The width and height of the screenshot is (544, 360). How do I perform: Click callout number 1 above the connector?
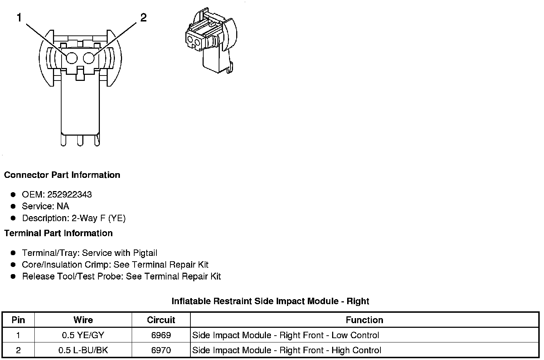pyautogui.click(x=20, y=17)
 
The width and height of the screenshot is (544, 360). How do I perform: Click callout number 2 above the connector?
pyautogui.click(x=143, y=17)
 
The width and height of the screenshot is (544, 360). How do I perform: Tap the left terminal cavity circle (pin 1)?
pyautogui.click(x=72, y=58)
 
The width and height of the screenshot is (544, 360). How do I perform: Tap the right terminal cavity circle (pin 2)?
pyautogui.click(x=89, y=58)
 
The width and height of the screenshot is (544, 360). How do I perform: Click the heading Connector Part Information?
pyautogui.click(x=62, y=175)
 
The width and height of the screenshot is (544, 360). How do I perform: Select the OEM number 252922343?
pyautogui.click(x=69, y=195)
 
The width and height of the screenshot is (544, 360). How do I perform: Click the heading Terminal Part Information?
pyautogui.click(x=58, y=233)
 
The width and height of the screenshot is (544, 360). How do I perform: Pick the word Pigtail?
pyautogui.click(x=145, y=253)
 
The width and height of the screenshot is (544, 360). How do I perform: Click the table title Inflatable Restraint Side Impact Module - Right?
pyautogui.click(x=270, y=301)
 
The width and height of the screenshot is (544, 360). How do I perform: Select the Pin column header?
pyautogui.click(x=18, y=320)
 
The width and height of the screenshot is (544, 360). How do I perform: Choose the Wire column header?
pyautogui.click(x=83, y=320)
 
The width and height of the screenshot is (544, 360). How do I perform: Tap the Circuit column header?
pyautogui.click(x=161, y=320)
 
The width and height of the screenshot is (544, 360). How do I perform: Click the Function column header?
pyautogui.click(x=364, y=320)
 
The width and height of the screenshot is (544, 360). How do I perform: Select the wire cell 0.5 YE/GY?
pyautogui.click(x=83, y=335)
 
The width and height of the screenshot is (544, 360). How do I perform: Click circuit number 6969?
pyautogui.click(x=161, y=335)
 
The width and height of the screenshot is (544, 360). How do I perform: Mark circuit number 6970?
pyautogui.click(x=161, y=350)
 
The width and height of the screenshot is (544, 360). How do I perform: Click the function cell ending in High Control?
pyautogui.click(x=287, y=350)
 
